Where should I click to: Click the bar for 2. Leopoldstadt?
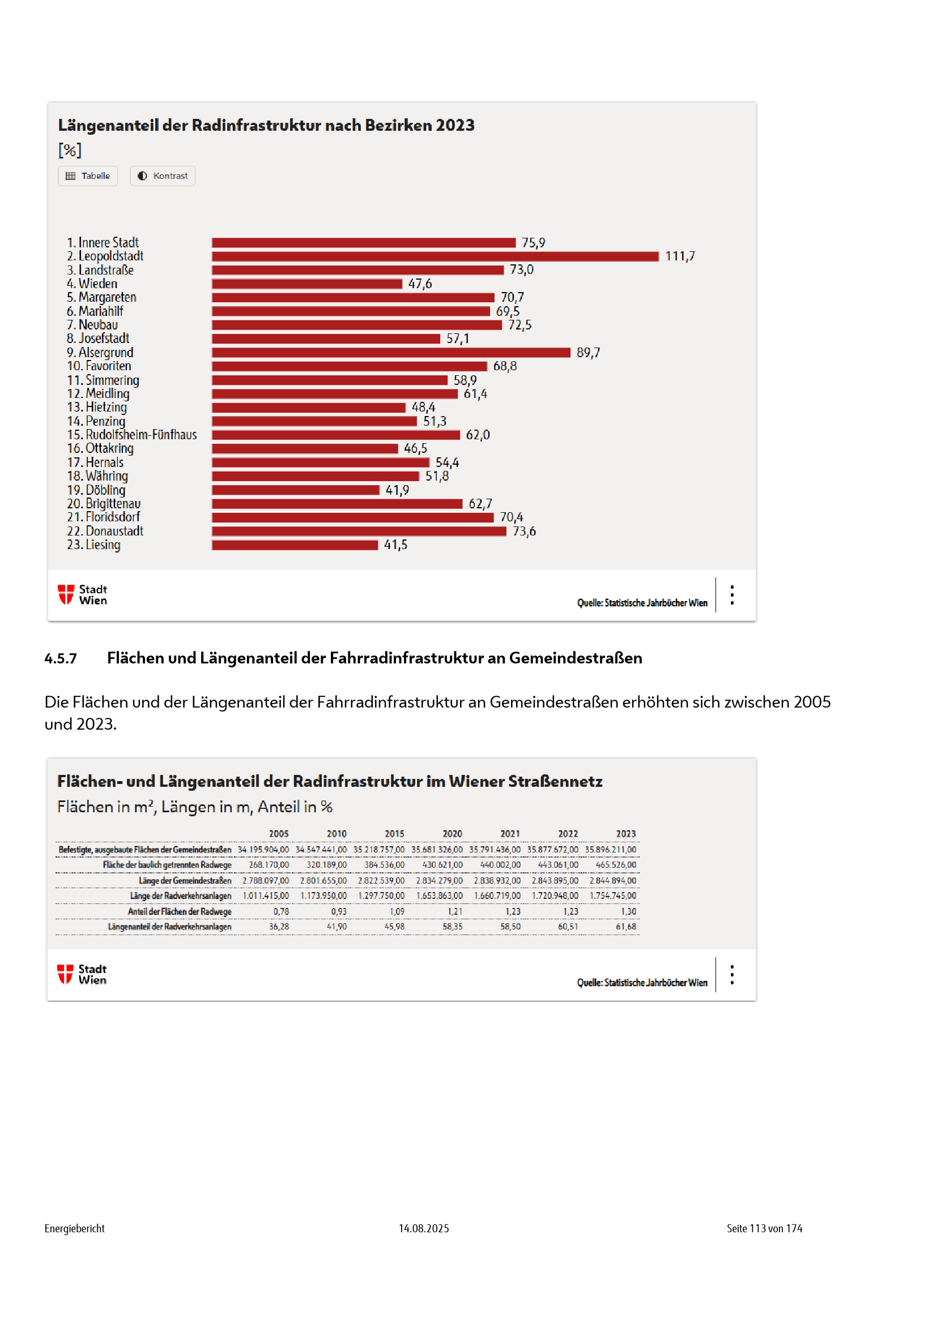[x=435, y=256]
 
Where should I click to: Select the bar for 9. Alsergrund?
[x=391, y=352]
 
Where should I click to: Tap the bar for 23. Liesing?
[x=295, y=545]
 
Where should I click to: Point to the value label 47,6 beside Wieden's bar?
[x=420, y=284]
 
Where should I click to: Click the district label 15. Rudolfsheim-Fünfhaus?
[x=131, y=435]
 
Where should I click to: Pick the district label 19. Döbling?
[x=96, y=490]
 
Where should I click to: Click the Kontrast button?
[x=163, y=176]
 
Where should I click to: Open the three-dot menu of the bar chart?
[x=732, y=595]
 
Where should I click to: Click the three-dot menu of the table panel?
[x=732, y=975]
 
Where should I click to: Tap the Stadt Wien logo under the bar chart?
[x=83, y=594]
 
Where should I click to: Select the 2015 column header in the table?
[x=395, y=834]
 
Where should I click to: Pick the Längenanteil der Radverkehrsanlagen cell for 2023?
[x=625, y=927]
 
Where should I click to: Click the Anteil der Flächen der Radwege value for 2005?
[x=281, y=912]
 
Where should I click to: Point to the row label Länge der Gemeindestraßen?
[x=185, y=881]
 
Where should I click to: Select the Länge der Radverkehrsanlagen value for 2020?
[x=440, y=896]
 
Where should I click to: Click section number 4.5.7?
[x=61, y=658]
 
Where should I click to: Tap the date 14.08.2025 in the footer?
[x=424, y=1228]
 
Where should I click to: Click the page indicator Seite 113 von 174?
[x=764, y=1228]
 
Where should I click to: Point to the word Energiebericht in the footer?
[x=74, y=1228]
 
